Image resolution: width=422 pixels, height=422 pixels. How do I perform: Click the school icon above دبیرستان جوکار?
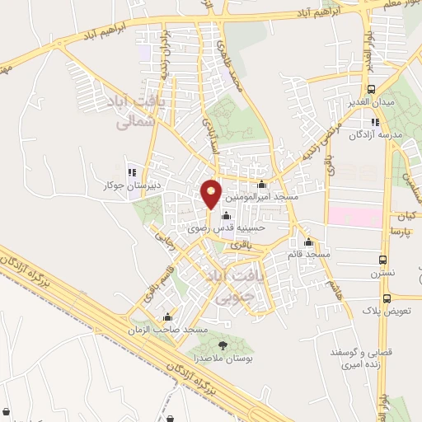point(131,172)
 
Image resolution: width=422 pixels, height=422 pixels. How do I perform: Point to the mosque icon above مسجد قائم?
point(309,242)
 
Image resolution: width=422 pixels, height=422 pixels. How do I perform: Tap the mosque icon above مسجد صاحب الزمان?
point(168,316)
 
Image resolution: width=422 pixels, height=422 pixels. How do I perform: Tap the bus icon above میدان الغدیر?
point(371,89)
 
